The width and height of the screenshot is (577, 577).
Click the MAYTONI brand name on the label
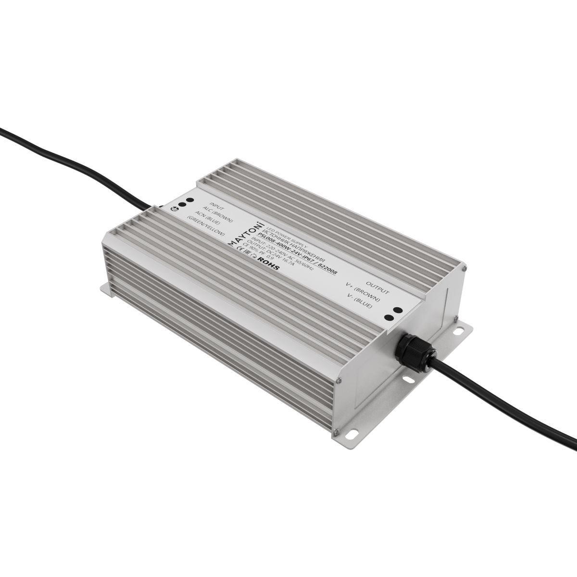click(251, 234)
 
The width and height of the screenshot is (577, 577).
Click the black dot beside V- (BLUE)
click(388, 317)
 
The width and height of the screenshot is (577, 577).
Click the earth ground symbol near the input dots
click(173, 208)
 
